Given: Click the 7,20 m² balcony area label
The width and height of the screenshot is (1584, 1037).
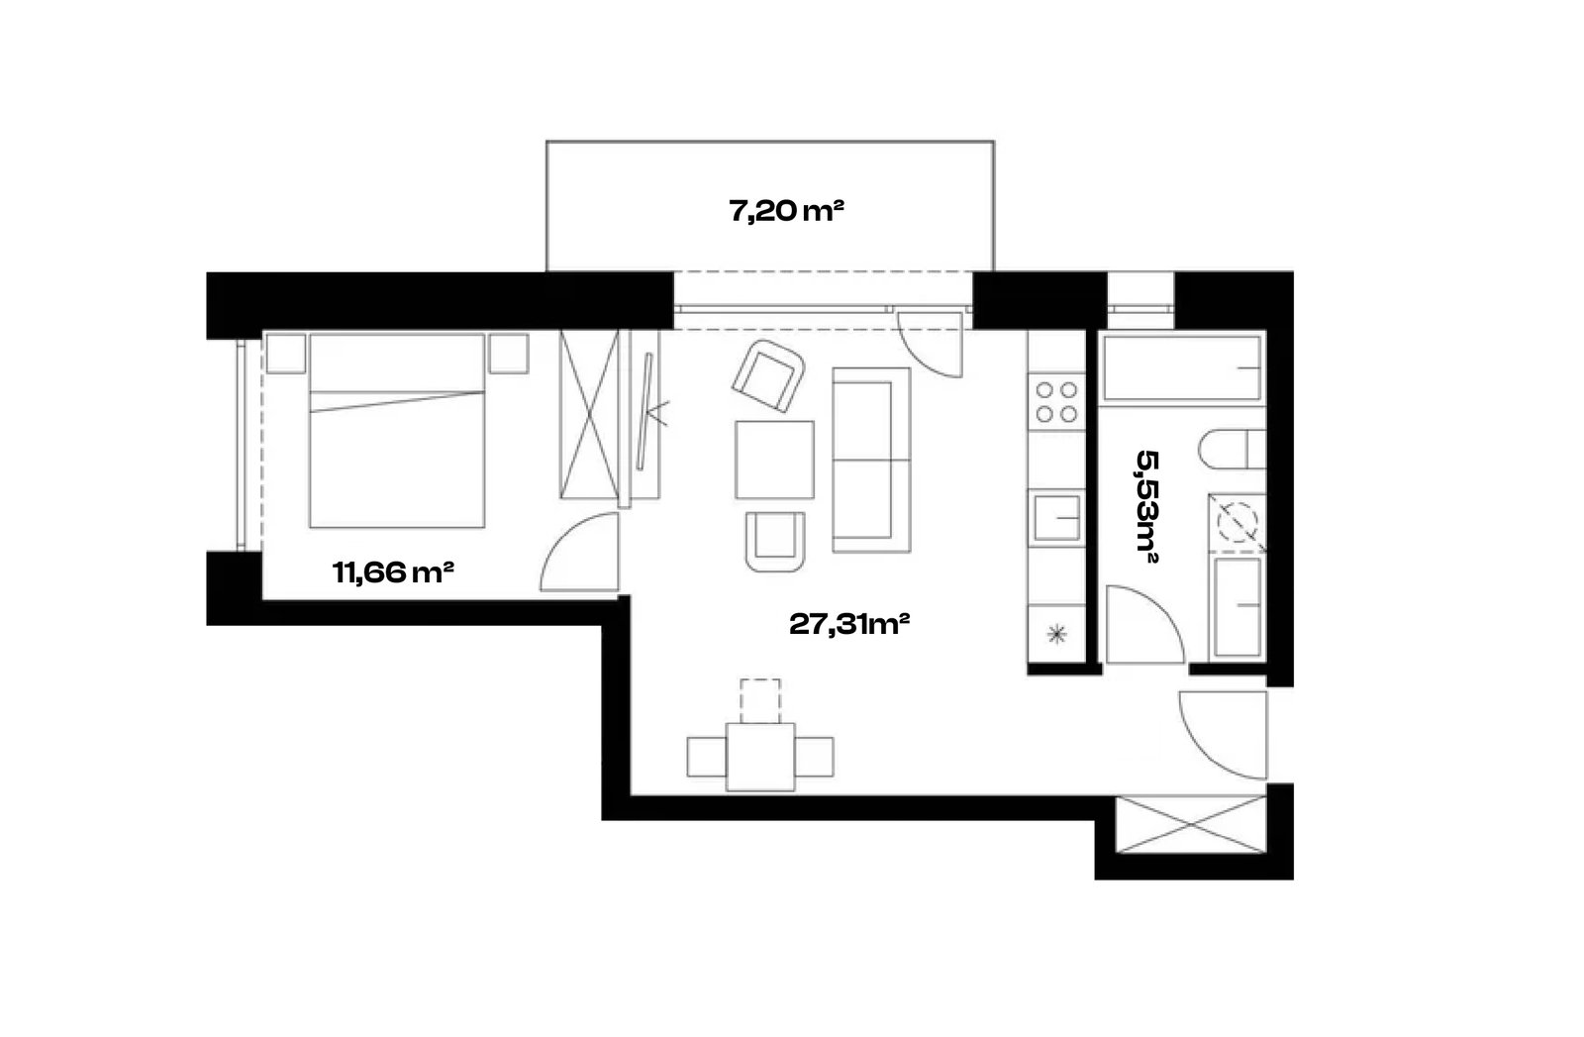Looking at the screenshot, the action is pyautogui.click(x=786, y=211).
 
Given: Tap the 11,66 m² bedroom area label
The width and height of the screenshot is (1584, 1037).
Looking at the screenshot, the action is pyautogui.click(x=392, y=572).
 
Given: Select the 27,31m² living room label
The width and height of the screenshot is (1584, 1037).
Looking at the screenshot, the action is pyautogui.click(x=848, y=624).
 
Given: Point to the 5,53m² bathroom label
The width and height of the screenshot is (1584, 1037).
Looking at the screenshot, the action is pyautogui.click(x=1146, y=506).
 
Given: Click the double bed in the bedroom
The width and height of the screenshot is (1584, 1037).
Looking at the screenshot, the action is pyautogui.click(x=397, y=431).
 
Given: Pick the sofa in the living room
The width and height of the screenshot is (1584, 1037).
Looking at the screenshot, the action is pyautogui.click(x=871, y=460).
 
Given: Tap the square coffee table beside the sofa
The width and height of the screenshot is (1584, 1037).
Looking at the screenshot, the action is pyautogui.click(x=774, y=460).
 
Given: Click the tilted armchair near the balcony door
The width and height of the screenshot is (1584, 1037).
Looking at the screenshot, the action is pyautogui.click(x=768, y=375).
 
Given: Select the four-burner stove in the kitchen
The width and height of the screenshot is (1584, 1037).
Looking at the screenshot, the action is pyautogui.click(x=1056, y=402).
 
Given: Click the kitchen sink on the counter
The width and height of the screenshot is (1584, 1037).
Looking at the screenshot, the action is pyautogui.click(x=1056, y=518).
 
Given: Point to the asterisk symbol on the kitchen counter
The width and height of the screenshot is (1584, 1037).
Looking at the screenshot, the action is pyautogui.click(x=1056, y=635).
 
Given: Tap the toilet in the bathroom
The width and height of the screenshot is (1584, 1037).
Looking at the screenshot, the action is pyautogui.click(x=1232, y=449).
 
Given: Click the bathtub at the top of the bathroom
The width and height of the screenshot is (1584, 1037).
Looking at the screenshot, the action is pyautogui.click(x=1182, y=367).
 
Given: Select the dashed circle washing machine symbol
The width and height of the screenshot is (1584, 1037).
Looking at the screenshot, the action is pyautogui.click(x=1237, y=522).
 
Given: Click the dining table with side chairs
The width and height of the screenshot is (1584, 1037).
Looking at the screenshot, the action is pyautogui.click(x=760, y=757).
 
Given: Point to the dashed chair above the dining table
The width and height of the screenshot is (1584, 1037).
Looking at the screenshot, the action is pyautogui.click(x=760, y=701).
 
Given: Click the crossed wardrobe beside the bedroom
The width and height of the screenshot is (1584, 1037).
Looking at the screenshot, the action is pyautogui.click(x=589, y=415).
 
